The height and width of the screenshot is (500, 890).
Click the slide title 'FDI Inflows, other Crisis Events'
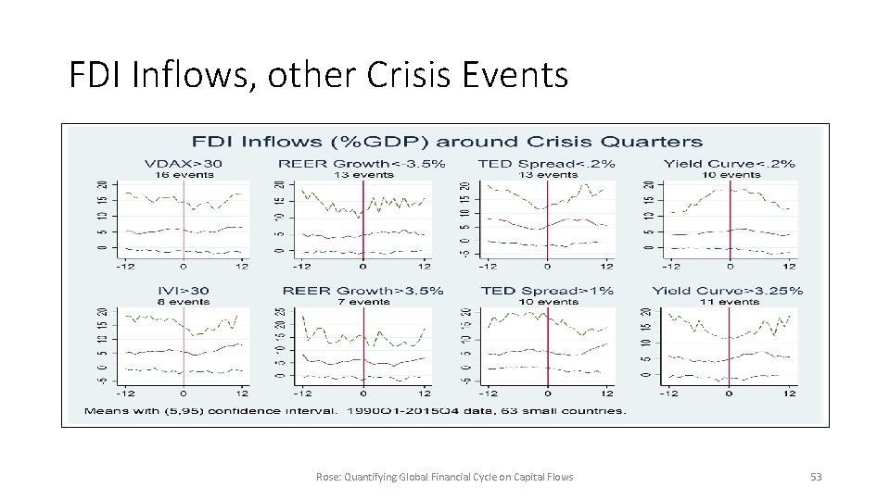318,75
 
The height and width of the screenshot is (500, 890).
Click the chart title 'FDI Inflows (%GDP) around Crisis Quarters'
447,142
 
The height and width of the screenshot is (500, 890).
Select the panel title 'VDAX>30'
183,164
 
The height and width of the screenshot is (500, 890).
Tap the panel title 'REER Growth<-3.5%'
362,164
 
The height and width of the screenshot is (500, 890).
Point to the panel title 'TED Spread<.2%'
546,164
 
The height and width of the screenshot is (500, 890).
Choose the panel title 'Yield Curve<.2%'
730,164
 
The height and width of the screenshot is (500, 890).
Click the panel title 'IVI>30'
183,291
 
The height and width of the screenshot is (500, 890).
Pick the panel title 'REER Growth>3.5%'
362,291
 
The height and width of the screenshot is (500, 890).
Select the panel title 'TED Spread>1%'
546,291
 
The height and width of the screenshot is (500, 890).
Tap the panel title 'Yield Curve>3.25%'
728,291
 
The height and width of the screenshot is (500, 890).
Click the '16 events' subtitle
183,174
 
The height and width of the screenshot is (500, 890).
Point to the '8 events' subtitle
183,301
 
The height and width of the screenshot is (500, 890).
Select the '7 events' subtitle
362,301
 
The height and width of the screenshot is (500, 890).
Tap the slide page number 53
816,477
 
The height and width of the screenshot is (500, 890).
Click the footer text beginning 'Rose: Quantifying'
444,477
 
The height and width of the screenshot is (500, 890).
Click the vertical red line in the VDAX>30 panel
183,218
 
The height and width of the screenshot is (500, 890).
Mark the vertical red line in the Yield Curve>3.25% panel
729,343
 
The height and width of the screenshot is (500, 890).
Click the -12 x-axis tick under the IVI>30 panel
125,393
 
